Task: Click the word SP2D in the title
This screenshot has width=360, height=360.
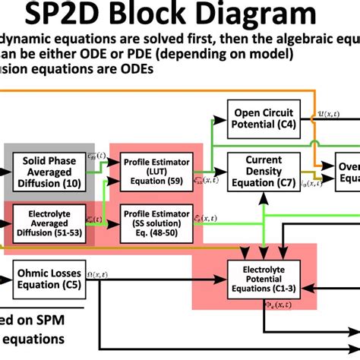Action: point(86,15)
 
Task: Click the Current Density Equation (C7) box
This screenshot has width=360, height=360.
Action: point(263,172)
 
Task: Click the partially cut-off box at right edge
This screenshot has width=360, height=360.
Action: point(349,172)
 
